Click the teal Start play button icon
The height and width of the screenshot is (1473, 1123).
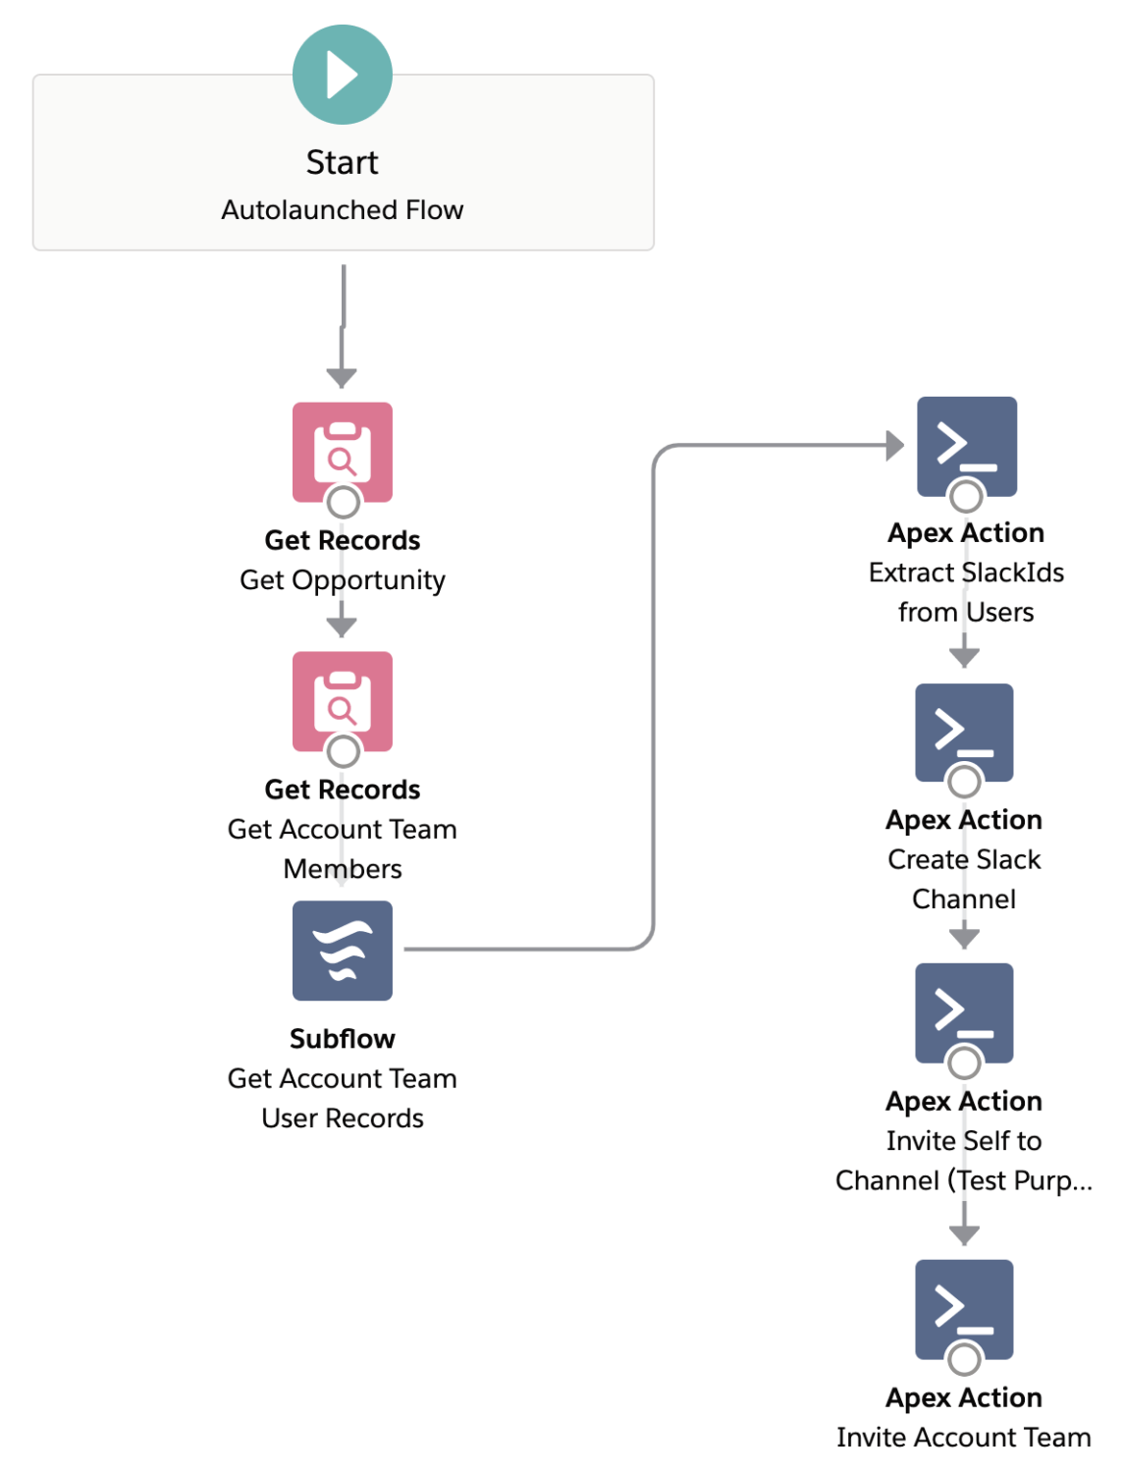[342, 75]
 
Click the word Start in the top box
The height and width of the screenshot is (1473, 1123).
[342, 162]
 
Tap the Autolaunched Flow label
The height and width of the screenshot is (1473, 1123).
[342, 210]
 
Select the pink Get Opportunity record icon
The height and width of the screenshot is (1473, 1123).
[342, 450]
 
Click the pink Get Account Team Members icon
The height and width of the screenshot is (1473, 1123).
[342, 699]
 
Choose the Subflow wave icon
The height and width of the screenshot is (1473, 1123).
[342, 950]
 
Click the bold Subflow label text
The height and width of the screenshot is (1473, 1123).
[342, 1039]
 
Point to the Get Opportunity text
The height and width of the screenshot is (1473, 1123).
[342, 580]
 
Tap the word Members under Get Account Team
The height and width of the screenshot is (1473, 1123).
[342, 869]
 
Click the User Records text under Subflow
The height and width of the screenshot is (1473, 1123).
[342, 1118]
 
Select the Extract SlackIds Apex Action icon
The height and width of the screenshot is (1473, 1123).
[966, 445]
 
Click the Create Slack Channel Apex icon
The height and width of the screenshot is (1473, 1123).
[964, 732]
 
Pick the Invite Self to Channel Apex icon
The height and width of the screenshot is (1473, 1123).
[964, 1011]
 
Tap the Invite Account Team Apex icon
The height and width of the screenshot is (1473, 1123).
[964, 1308]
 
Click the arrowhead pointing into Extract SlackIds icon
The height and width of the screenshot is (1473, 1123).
[894, 445]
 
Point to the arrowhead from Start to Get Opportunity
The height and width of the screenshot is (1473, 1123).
[342, 378]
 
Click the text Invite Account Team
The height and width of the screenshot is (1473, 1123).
[963, 1438]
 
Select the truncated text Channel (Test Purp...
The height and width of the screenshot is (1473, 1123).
[963, 1180]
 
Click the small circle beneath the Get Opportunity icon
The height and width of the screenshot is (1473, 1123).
[343, 503]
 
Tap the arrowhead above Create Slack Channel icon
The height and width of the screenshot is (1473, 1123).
[964, 657]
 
